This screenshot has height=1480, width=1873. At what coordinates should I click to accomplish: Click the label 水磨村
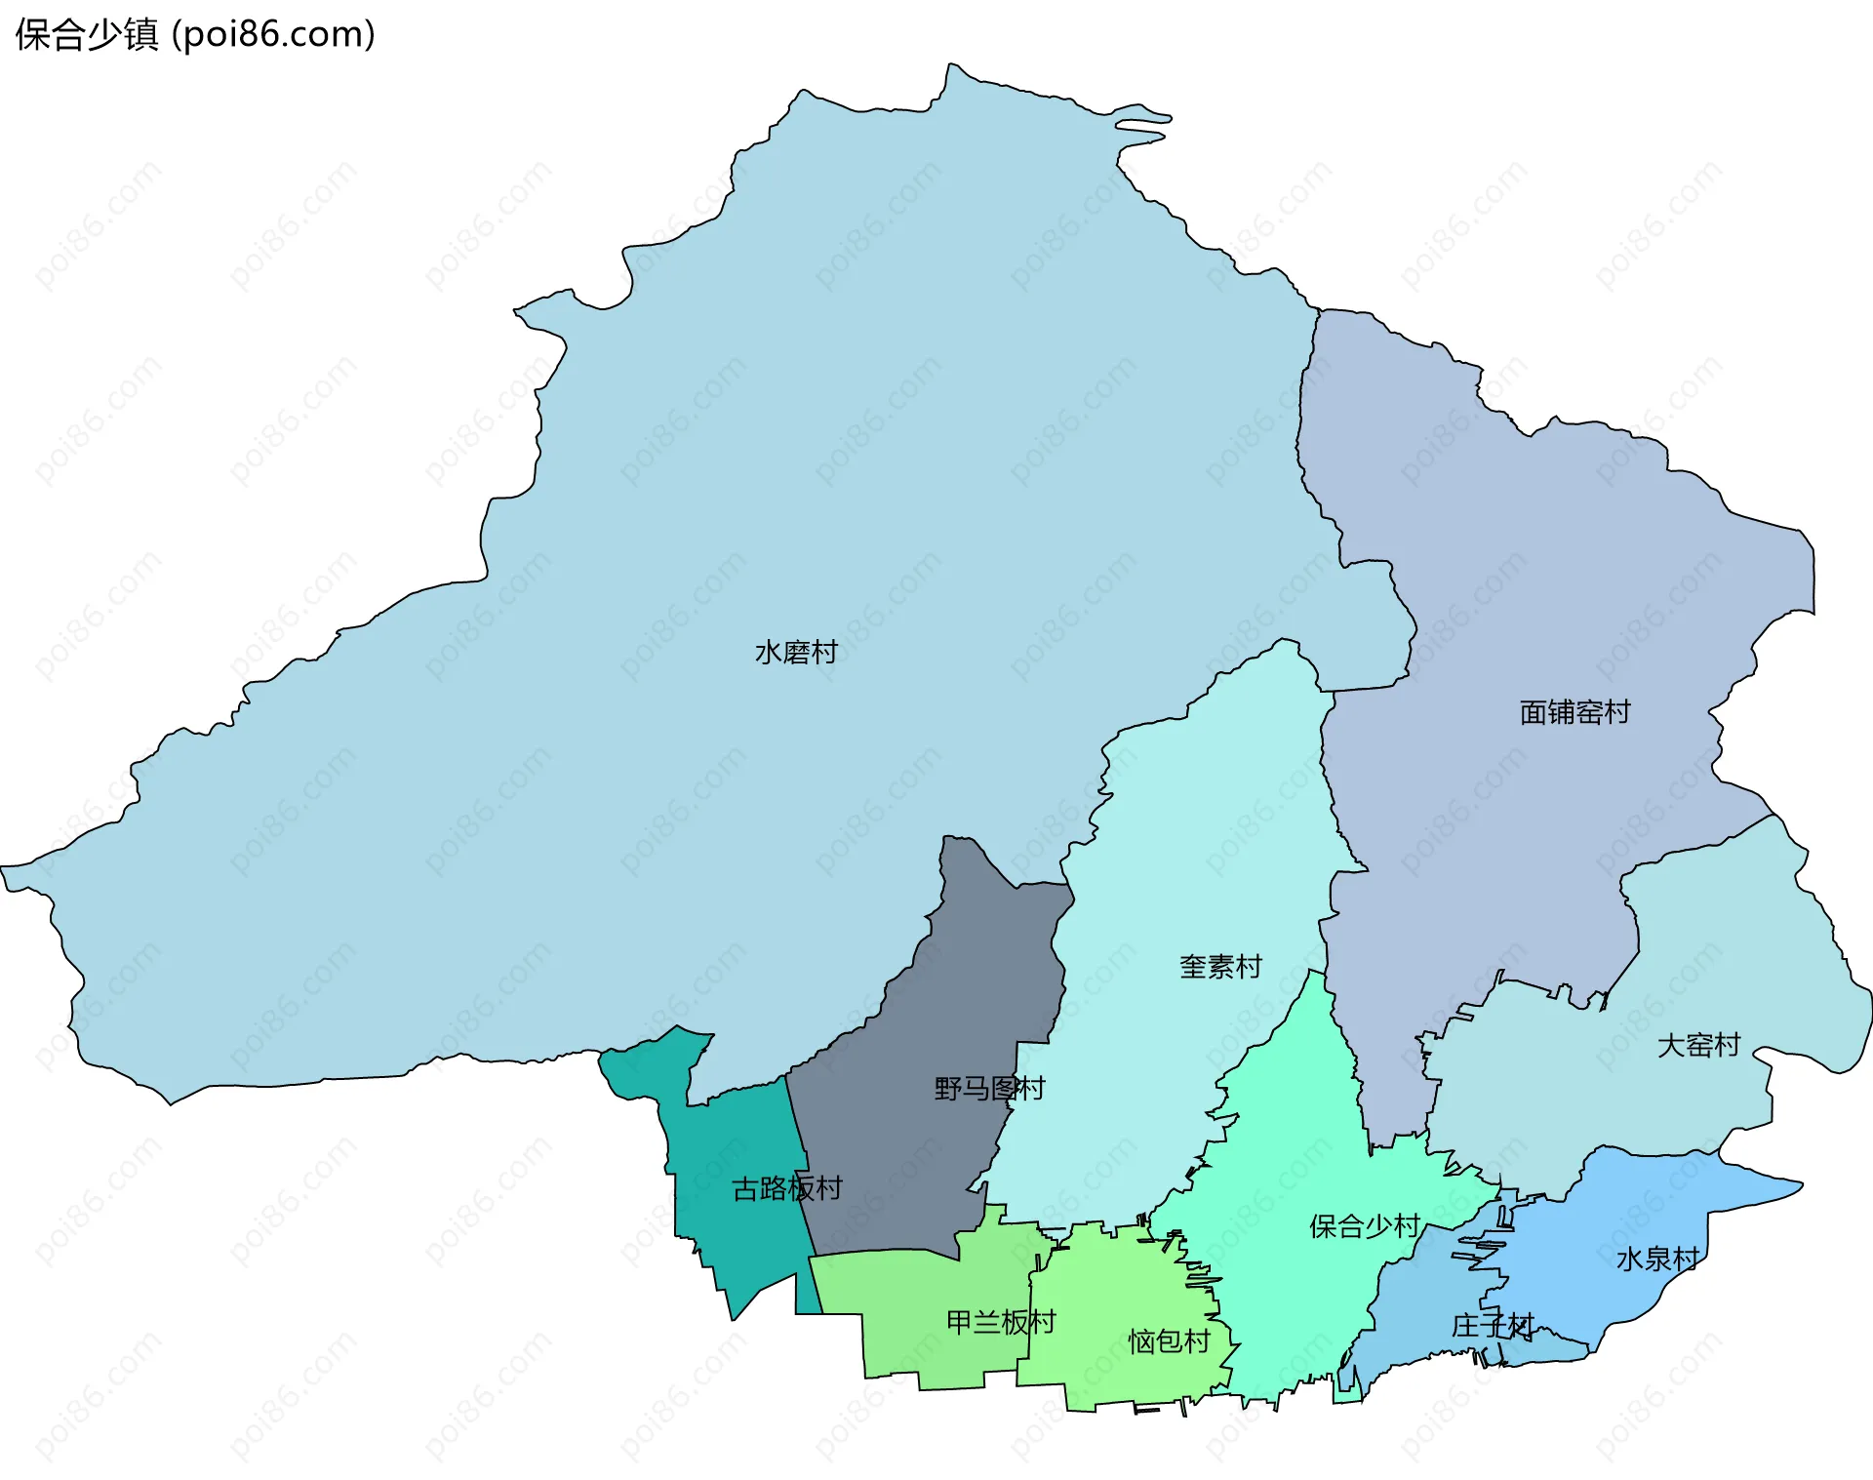tap(796, 653)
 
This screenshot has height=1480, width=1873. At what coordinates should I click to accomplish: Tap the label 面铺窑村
tap(1574, 713)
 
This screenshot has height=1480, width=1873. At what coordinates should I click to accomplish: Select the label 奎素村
tap(1220, 967)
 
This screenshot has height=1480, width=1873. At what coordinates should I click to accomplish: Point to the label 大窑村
tap(1698, 1046)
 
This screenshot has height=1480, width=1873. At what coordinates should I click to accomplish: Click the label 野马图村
tap(989, 1089)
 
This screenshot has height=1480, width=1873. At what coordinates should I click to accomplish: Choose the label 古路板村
tap(786, 1189)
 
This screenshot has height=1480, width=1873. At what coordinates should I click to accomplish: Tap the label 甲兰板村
tap(1001, 1323)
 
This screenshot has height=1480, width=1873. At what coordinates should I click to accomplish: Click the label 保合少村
tap(1364, 1227)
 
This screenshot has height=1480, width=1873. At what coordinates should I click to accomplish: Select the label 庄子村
tap(1492, 1327)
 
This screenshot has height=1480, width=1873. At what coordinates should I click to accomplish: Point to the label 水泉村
tap(1657, 1260)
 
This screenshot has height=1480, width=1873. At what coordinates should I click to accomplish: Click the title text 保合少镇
tap(86, 35)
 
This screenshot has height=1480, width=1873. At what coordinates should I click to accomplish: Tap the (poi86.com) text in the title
tap(273, 35)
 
